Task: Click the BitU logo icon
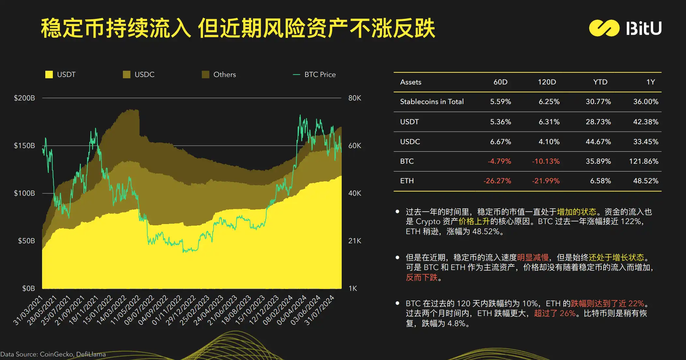tap(604, 28)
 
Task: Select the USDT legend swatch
tap(49, 75)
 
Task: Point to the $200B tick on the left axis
tap(24, 98)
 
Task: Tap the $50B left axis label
tap(26, 241)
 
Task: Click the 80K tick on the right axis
tap(355, 98)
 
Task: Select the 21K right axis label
tap(355, 241)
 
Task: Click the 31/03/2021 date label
tap(28, 310)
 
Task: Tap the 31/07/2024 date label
tap(320, 310)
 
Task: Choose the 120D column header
tap(547, 82)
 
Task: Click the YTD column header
tap(600, 82)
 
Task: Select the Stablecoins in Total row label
tap(432, 102)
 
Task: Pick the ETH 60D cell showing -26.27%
tap(497, 181)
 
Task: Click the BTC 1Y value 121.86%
tap(644, 161)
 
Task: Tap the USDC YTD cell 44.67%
tap(598, 142)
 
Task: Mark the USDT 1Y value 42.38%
tap(646, 122)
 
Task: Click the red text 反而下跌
tap(422, 277)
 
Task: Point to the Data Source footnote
tap(53, 354)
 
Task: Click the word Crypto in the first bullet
tap(428, 222)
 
